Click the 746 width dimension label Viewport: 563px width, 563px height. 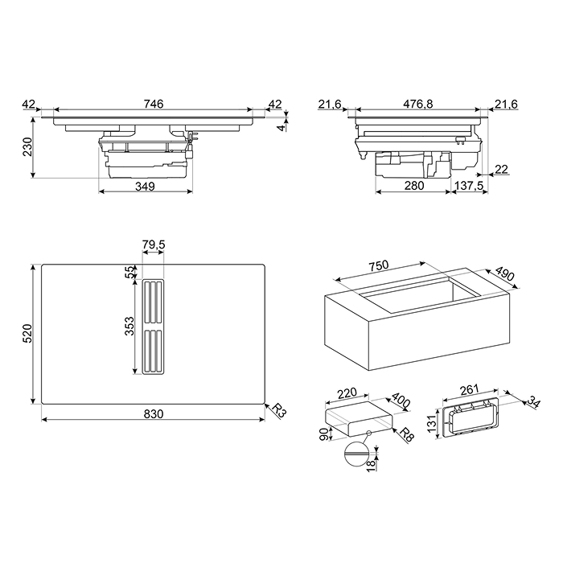click(154, 104)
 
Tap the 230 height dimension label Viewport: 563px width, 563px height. click(27, 146)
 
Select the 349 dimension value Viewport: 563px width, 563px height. click(145, 187)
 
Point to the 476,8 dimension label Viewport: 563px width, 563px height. click(418, 104)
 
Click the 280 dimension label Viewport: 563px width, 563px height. click(414, 186)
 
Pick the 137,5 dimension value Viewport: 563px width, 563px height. click(469, 186)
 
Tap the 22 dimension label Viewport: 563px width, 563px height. click(501, 169)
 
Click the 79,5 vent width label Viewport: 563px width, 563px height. click(154, 245)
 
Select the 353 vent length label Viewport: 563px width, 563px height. click(129, 326)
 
